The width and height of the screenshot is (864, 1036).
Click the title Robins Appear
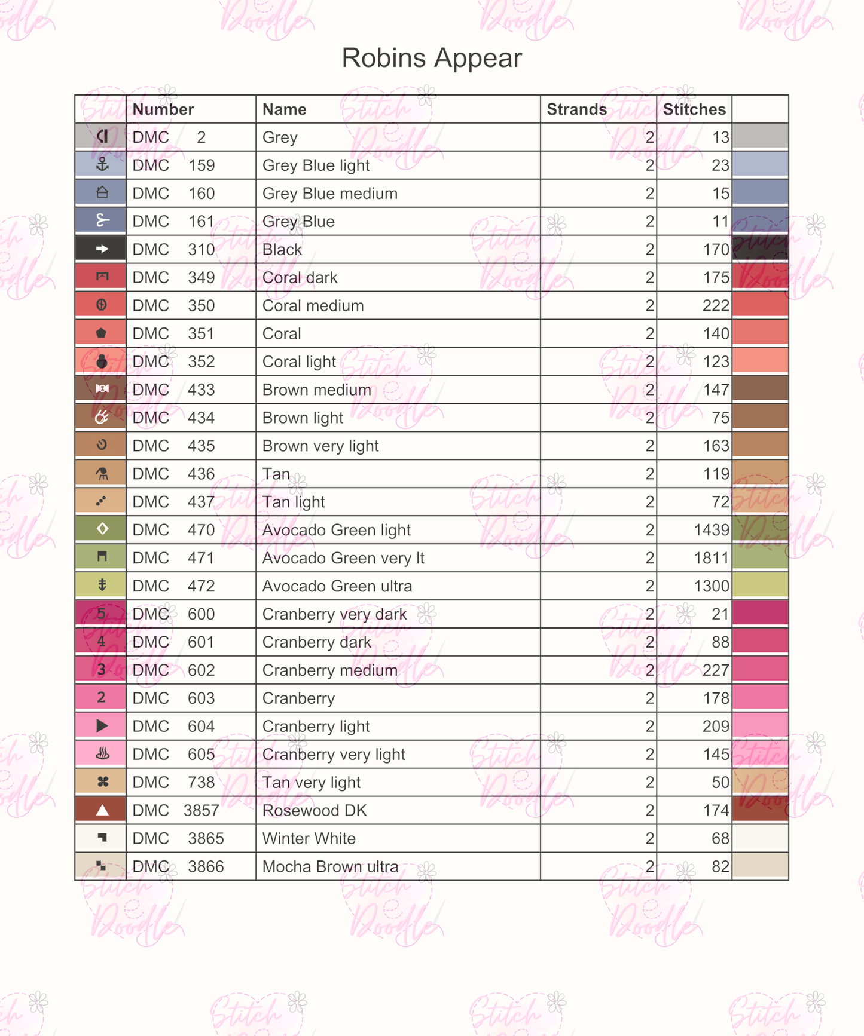(432, 58)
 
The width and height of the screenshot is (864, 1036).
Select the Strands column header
(576, 109)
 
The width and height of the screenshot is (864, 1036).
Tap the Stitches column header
(694, 109)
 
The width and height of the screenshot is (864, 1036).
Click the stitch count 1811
(711, 558)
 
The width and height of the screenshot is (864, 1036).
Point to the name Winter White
(309, 838)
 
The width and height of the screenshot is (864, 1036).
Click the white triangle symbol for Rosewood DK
(102, 810)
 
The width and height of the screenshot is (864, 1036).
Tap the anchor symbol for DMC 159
(102, 165)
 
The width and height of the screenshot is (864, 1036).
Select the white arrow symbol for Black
(102, 249)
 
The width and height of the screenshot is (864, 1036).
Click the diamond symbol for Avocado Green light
(102, 529)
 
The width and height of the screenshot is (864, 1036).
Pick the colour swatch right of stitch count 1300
(760, 586)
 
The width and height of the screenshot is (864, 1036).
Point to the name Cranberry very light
(334, 754)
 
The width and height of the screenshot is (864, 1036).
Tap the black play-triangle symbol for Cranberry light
(102, 726)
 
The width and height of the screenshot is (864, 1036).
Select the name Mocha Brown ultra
(330, 866)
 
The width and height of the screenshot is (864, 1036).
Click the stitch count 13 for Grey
(720, 137)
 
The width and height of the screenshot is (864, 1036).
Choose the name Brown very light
(320, 446)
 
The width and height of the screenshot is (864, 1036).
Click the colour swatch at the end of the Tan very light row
(760, 782)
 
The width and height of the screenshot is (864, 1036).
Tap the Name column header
(284, 109)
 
